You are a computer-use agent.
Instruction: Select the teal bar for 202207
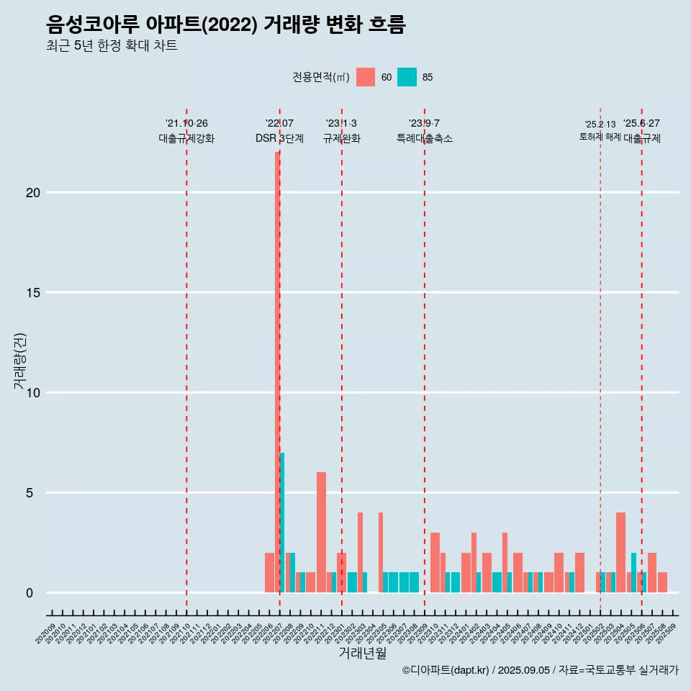click(282, 523)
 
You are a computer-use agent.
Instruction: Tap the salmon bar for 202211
click(321, 533)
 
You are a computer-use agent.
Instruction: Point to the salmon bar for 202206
click(269, 573)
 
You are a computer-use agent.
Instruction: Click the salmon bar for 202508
click(662, 582)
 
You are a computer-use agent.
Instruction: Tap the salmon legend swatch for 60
click(366, 77)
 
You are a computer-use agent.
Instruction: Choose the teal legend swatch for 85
click(407, 77)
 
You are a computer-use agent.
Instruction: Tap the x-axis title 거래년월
click(362, 654)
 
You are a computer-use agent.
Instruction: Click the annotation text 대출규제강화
click(186, 138)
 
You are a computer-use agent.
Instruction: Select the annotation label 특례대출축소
click(425, 138)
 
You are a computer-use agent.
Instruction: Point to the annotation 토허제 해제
click(600, 137)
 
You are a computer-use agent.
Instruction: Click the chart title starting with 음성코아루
click(225, 24)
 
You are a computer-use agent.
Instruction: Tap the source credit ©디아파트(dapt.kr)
click(446, 670)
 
